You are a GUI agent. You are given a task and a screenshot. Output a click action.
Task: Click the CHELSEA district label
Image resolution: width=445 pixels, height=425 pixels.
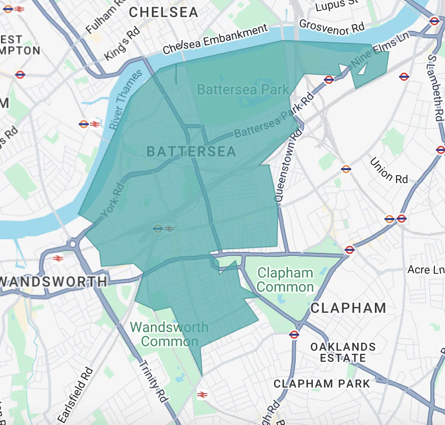pos(164,13)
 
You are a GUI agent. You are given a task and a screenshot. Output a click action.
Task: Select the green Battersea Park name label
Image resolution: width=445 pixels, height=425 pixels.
pos(243,90)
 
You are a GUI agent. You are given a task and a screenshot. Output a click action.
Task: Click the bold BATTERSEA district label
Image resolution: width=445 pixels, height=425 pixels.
pos(191,151)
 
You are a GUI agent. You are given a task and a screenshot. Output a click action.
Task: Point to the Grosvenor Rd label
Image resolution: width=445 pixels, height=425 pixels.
pos(331,27)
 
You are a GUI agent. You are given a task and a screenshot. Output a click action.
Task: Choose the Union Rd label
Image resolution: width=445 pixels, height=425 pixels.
pos(388,171)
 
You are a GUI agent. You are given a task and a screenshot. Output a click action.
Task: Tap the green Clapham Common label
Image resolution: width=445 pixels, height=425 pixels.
pos(285,280)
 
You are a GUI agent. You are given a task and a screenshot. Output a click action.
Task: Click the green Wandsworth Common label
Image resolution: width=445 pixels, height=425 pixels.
pos(170,334)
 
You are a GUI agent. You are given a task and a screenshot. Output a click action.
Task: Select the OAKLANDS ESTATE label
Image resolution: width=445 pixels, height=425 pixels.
pos(343,352)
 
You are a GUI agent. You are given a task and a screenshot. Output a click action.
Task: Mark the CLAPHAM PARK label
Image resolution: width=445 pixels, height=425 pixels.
pos(322,384)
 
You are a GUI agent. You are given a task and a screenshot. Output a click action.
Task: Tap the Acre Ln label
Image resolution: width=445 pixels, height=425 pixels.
pos(425,270)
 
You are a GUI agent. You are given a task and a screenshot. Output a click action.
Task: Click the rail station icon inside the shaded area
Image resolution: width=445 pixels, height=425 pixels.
pos(163,229)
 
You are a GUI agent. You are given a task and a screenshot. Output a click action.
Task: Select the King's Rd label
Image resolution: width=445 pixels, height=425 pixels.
pos(122,44)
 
